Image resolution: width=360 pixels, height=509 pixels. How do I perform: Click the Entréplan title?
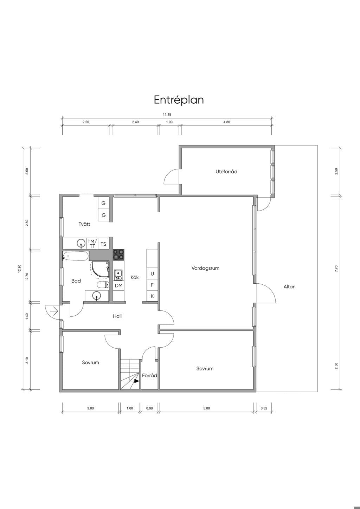179,100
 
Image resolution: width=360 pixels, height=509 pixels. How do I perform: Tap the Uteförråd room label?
226,172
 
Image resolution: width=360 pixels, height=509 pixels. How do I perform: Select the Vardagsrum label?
205,268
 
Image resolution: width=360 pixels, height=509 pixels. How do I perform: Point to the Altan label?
290,286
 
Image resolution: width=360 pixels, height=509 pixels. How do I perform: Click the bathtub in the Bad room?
76,256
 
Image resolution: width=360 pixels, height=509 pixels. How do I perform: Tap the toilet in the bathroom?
103,285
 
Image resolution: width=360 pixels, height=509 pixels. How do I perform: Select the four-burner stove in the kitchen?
118,255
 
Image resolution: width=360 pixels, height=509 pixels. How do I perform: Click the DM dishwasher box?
118,286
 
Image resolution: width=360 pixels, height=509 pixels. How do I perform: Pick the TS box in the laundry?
103,244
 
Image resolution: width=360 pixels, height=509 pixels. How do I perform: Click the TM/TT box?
92,244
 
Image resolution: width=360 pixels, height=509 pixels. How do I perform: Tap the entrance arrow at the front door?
54,311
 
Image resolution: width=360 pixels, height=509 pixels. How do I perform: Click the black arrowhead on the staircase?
136,381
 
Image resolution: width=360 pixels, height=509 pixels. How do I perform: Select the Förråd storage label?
149,376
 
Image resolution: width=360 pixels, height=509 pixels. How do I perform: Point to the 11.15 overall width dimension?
167,115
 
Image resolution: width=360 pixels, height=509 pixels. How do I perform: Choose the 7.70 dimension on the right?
336,268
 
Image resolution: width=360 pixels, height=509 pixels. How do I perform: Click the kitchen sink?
118,275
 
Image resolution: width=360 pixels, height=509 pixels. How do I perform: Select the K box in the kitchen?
152,296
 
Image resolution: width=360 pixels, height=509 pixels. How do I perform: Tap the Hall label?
117,316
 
